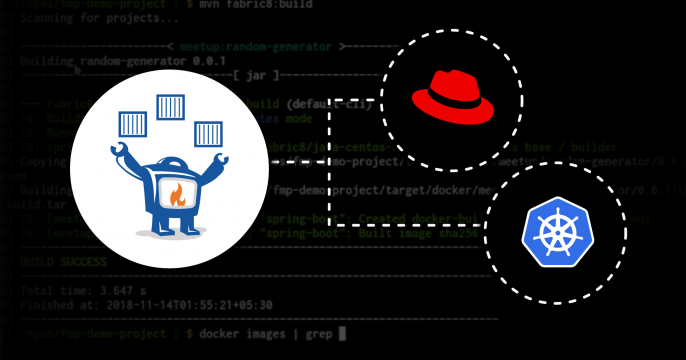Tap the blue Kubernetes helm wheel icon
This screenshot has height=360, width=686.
tap(552, 229)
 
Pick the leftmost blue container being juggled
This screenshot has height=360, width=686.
tap(133, 125)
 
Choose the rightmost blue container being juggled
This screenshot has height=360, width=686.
tap(208, 132)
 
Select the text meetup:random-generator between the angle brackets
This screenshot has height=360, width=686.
tap(256, 46)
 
